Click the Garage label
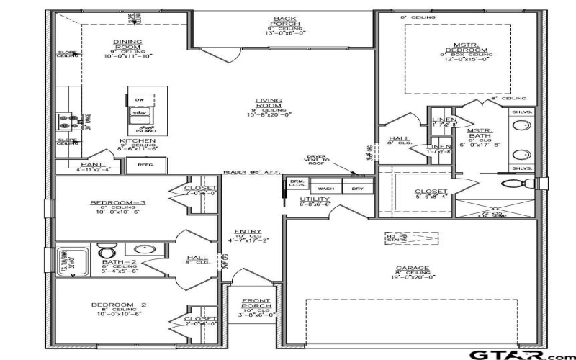pyautogui.click(x=412, y=268)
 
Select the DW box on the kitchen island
pyautogui.click(x=140, y=99)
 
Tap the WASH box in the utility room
pyautogui.click(x=325, y=188)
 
